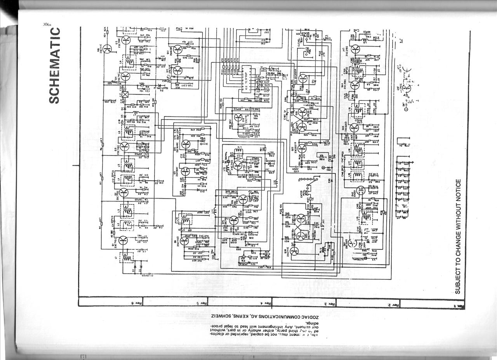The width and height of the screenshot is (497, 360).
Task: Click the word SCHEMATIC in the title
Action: [55, 66]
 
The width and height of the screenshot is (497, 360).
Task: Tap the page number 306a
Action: [48, 24]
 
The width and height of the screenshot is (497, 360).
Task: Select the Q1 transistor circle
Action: [123, 241]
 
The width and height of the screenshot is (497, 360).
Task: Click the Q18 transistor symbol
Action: [294, 251]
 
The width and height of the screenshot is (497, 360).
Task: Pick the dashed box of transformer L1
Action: [126, 257]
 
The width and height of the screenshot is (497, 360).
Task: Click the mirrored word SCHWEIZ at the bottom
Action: [221, 316]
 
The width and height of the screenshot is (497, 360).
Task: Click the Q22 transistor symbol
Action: [302, 148]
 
